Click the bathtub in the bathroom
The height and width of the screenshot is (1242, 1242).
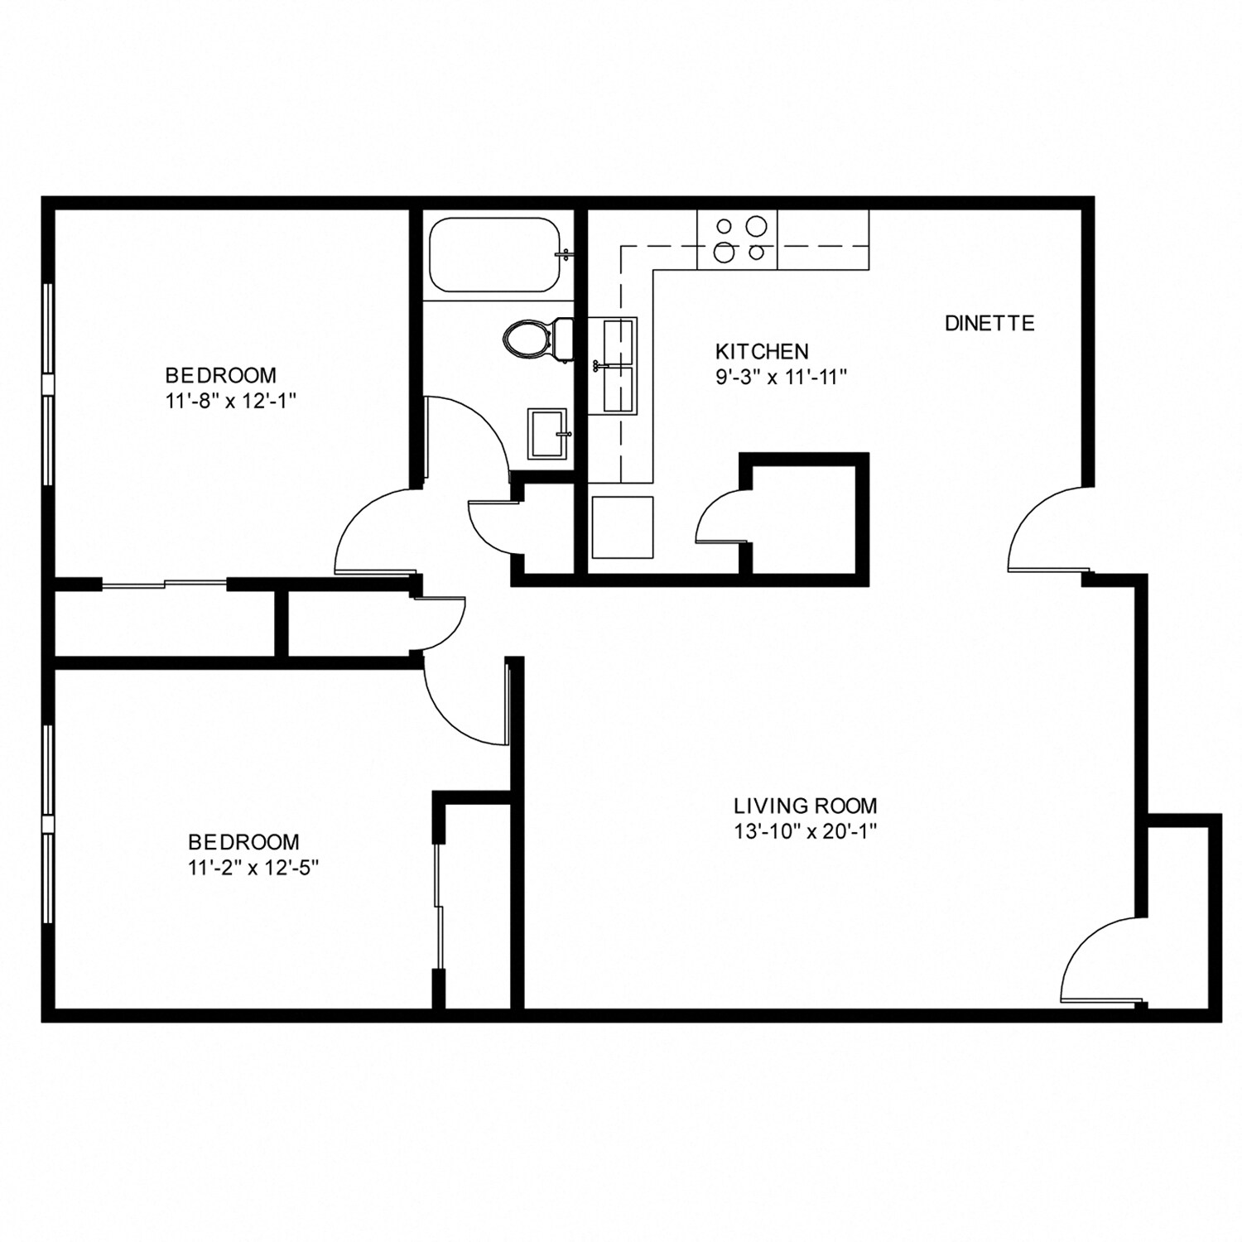(x=497, y=255)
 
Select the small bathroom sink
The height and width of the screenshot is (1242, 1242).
(x=547, y=433)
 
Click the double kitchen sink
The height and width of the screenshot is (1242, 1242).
(x=619, y=365)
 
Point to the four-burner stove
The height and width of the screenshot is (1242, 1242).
(x=737, y=239)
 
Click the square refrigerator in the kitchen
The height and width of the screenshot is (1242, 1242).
(x=622, y=527)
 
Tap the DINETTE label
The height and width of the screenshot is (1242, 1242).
(x=989, y=323)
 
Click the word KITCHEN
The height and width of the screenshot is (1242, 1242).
(x=762, y=351)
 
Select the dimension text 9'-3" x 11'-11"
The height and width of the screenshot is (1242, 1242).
(x=782, y=378)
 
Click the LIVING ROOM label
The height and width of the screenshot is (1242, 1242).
(x=805, y=805)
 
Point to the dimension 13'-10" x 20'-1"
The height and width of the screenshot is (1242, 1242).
(x=805, y=831)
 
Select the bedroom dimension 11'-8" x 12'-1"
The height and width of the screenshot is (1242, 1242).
(x=231, y=401)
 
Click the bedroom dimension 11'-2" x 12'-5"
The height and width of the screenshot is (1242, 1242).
(x=253, y=868)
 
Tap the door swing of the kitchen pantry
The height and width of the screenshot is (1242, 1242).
(x=720, y=517)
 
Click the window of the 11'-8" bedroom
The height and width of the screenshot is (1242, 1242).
(x=48, y=384)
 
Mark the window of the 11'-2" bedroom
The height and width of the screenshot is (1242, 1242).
(x=48, y=824)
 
